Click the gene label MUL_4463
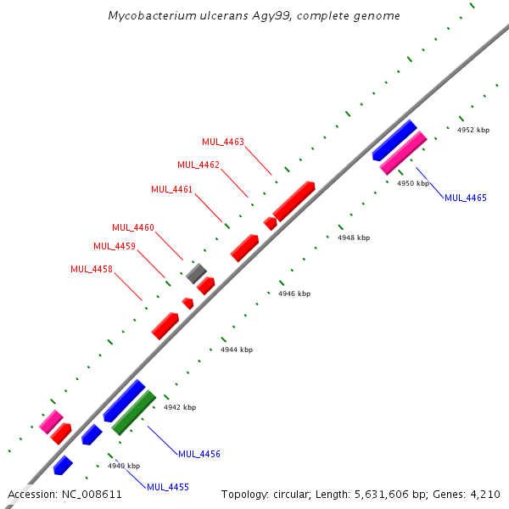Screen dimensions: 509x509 point(223,142)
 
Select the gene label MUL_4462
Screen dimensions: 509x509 point(199,165)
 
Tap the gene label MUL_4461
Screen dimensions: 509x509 point(172,189)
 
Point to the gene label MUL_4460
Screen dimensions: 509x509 point(133,227)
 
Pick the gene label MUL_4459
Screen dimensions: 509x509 point(114,246)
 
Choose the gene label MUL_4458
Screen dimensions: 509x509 point(92,269)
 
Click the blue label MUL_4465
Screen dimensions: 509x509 point(466,198)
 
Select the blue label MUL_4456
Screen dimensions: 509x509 point(199,454)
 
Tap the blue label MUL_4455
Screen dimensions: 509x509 point(168,487)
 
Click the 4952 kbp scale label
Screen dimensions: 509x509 point(473,131)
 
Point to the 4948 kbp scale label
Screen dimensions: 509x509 point(354,238)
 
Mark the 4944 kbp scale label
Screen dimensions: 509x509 point(237,350)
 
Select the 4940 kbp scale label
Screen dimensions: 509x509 point(124,466)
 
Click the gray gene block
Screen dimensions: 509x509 point(197,273)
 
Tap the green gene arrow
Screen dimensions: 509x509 point(134,411)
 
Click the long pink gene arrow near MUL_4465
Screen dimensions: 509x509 point(403,153)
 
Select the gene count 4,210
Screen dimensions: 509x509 point(484,494)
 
